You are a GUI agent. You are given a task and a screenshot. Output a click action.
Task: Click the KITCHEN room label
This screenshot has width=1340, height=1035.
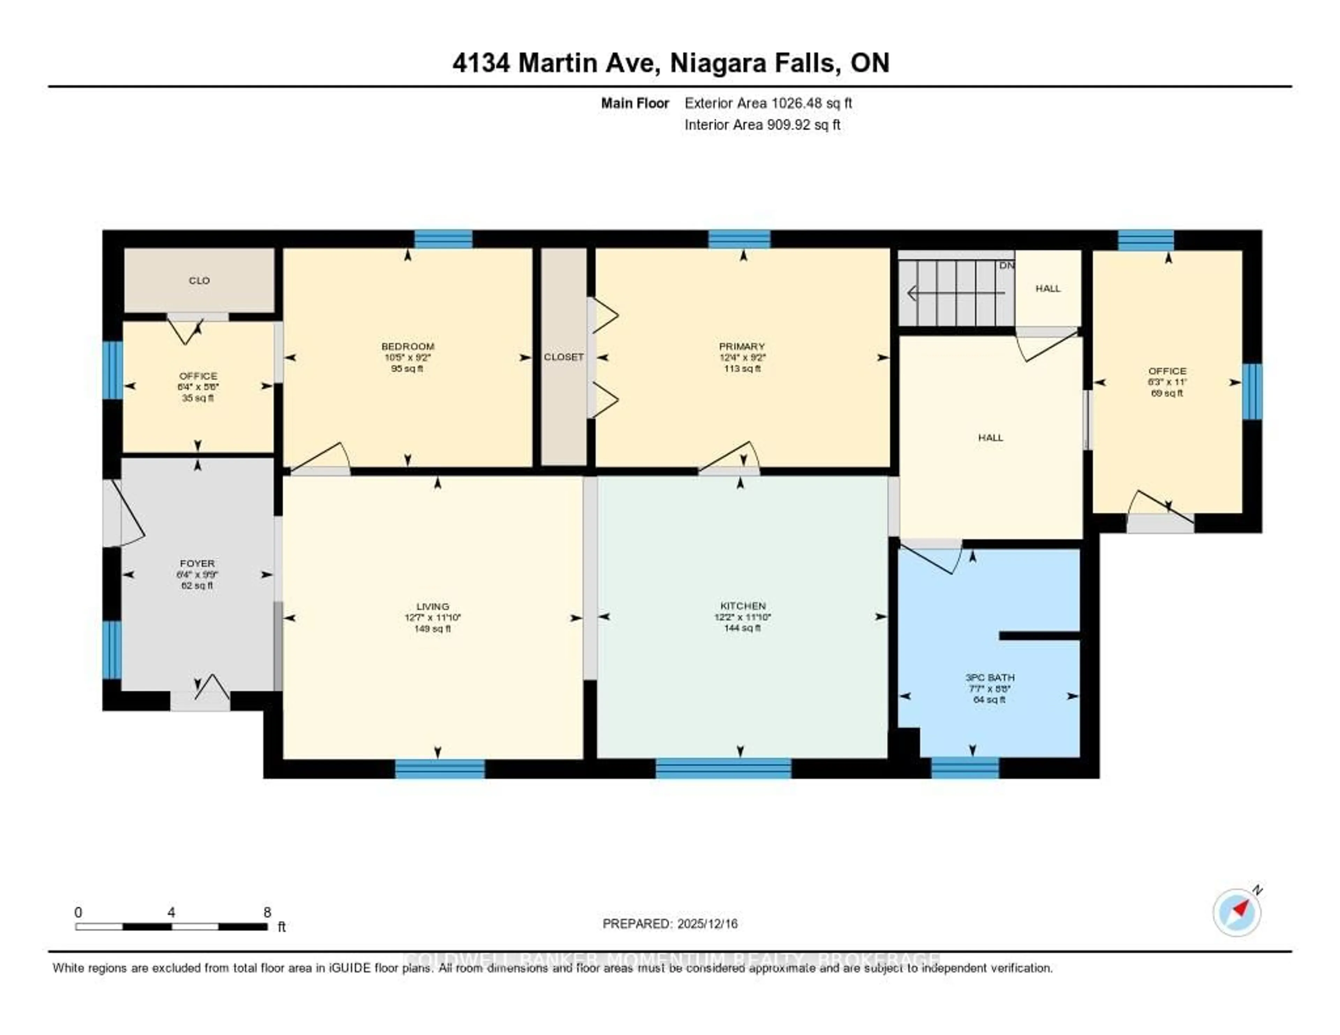(x=742, y=605)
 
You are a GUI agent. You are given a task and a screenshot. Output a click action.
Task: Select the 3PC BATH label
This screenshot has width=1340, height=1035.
(x=990, y=677)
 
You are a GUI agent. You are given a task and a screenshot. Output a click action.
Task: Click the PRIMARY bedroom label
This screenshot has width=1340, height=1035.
(x=742, y=346)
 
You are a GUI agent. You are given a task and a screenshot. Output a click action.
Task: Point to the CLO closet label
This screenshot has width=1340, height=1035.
(x=199, y=280)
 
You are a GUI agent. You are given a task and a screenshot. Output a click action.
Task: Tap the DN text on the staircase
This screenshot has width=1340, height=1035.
(x=1006, y=266)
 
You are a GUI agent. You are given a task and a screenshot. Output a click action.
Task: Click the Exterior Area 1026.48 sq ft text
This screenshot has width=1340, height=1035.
(x=768, y=103)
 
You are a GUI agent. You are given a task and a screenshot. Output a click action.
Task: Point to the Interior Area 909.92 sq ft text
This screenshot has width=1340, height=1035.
(x=762, y=125)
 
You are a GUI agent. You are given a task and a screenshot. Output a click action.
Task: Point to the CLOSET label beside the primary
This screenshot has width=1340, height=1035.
(x=563, y=356)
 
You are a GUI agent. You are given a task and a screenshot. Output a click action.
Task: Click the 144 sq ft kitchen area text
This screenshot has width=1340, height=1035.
(x=742, y=628)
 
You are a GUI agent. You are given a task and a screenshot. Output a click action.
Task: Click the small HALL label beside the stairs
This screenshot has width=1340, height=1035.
(x=1048, y=288)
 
